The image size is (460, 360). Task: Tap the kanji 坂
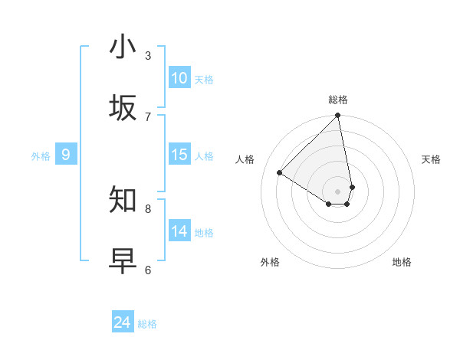tap(123, 107)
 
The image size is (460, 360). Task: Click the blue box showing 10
tap(179, 78)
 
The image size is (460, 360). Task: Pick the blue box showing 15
tap(179, 155)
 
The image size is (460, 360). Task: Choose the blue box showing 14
tap(179, 231)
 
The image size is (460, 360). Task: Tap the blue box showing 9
tap(66, 155)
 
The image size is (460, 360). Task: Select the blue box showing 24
tap(122, 322)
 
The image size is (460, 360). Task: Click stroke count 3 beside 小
tap(148, 55)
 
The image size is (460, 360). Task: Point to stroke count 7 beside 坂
tap(148, 116)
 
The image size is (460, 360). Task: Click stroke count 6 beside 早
tap(148, 270)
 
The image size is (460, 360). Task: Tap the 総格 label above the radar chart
tap(338, 100)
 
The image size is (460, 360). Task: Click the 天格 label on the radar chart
tap(431, 159)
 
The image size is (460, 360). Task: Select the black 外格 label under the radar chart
tap(270, 262)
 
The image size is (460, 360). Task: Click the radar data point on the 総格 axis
tap(338, 116)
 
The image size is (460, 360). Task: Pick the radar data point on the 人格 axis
tap(280, 173)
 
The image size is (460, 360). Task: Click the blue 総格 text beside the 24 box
tap(147, 324)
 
